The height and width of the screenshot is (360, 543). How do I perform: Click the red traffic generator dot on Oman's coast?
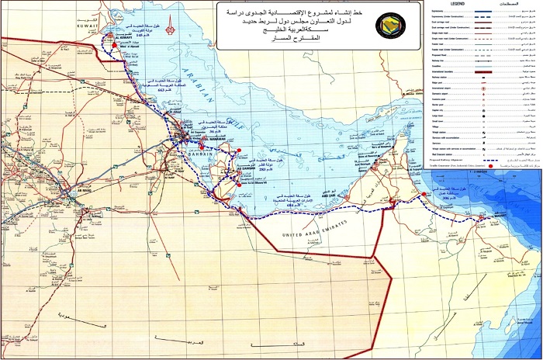[482, 218]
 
